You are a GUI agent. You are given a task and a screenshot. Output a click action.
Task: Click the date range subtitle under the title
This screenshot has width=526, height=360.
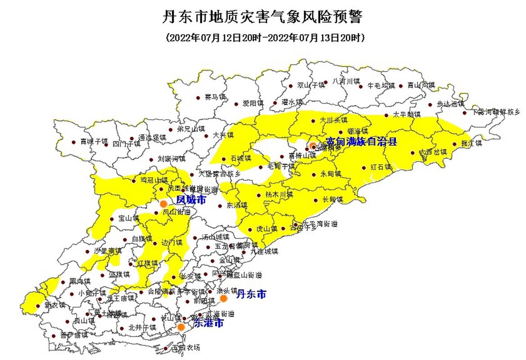(265, 38)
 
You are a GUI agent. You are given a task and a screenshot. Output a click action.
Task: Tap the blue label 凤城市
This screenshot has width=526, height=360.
(191, 199)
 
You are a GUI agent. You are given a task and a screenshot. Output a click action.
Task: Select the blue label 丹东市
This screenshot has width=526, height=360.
(251, 294)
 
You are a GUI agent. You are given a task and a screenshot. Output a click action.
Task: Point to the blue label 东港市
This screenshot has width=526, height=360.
(208, 323)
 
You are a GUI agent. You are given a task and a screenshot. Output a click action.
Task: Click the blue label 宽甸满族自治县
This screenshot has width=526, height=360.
(362, 142)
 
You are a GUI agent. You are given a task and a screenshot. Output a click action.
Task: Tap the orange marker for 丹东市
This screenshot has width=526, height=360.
(223, 298)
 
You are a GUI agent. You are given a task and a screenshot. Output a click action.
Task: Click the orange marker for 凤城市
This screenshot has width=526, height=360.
(163, 203)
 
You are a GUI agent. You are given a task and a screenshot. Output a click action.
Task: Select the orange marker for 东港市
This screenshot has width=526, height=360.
(181, 327)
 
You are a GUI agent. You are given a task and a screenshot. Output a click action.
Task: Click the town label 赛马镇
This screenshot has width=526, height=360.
(215, 97)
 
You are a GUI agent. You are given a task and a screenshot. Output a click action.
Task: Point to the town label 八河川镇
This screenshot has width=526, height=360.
(346, 81)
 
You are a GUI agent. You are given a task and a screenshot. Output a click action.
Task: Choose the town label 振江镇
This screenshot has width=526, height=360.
(472, 144)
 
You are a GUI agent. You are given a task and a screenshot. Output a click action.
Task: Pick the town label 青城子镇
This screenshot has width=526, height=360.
(94, 142)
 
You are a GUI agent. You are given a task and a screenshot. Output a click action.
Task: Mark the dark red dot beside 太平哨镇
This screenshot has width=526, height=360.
(386, 115)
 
